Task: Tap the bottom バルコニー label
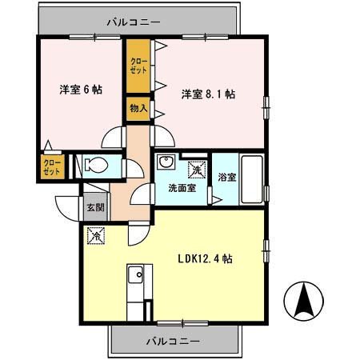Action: (174, 342)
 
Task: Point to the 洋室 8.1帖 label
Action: (207, 94)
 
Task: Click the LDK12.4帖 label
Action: (205, 258)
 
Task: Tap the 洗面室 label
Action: (180, 189)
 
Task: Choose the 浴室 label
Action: (226, 178)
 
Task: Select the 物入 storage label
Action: (138, 107)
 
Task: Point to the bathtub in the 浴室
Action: (252, 179)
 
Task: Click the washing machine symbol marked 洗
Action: (195, 168)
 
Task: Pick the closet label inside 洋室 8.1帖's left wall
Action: (138, 65)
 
